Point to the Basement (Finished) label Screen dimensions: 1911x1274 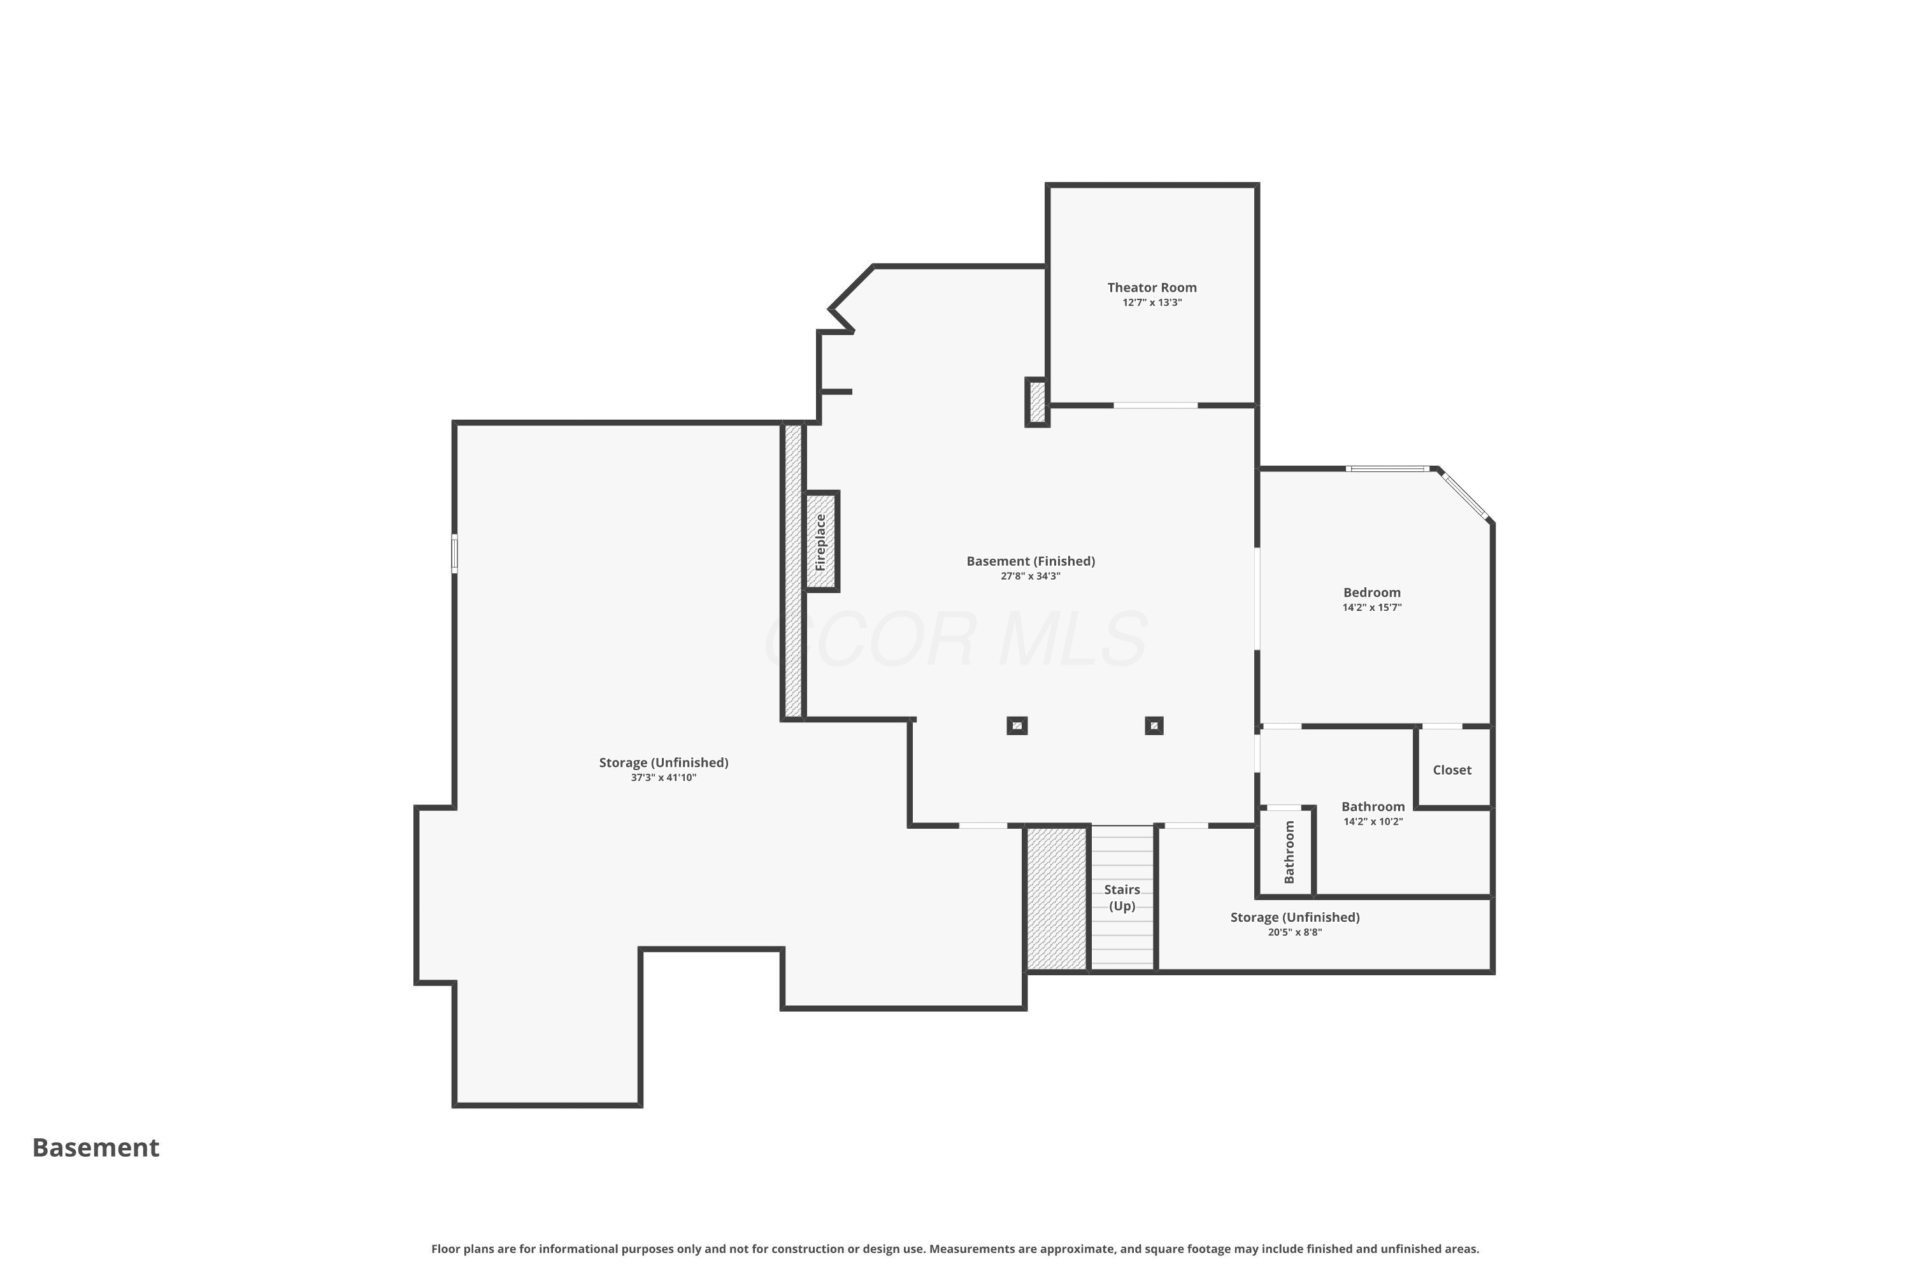tap(1030, 561)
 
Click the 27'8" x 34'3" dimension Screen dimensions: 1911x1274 tap(1030, 576)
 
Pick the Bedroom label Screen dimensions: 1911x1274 tap(1371, 592)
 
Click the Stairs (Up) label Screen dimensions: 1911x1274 tap(1122, 898)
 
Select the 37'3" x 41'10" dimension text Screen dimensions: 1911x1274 tap(663, 778)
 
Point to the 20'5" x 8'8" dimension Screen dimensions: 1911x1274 tap(1294, 932)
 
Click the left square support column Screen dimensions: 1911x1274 tap(1017, 726)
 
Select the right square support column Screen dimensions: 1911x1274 tap(1154, 726)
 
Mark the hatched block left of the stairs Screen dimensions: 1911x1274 tap(1057, 898)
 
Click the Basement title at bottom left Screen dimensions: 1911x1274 tap(96, 1147)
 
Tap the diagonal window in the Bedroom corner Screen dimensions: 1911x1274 tap(1464, 496)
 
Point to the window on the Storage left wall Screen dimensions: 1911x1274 tap(454, 554)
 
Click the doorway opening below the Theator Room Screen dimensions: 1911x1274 tap(1156, 404)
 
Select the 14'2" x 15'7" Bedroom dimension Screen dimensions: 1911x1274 tap(1371, 607)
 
